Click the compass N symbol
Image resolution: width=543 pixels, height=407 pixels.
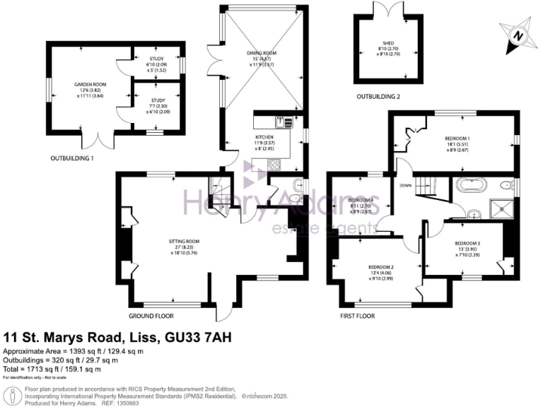coord(519,36)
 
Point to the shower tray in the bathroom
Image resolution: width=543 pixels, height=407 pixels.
coord(504,210)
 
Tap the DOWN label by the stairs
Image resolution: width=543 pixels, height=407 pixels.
coord(405,186)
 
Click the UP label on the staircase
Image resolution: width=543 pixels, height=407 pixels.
coord(222,206)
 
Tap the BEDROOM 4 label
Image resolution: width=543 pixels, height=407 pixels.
coord(362,200)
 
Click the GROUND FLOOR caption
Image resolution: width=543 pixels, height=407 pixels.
coord(151,316)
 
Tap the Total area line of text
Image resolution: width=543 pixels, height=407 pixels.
coord(52,368)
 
